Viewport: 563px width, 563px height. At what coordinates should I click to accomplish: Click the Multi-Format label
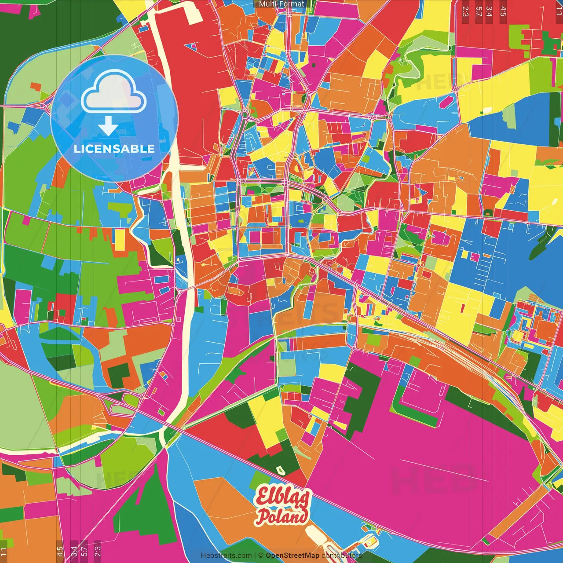(281, 4)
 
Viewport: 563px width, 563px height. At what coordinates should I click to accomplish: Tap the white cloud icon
(113, 92)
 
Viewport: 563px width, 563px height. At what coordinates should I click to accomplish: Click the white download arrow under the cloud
(108, 126)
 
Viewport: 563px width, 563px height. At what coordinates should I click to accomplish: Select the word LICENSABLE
(114, 149)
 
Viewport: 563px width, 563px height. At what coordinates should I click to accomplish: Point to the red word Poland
(282, 516)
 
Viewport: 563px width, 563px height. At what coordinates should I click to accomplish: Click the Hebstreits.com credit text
(226, 556)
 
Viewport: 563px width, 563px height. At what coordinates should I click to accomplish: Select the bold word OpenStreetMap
(292, 556)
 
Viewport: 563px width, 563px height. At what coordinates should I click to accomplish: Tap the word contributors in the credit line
(342, 556)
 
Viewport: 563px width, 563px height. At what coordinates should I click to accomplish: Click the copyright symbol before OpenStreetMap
(260, 556)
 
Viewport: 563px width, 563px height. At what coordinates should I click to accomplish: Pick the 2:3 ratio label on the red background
(465, 11)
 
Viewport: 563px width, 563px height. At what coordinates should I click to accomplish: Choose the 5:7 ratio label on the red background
(479, 11)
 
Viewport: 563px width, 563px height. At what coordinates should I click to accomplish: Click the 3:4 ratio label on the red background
(489, 11)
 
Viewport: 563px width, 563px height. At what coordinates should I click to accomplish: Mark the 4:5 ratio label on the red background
(503, 11)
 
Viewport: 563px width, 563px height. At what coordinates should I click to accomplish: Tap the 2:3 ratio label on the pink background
(98, 550)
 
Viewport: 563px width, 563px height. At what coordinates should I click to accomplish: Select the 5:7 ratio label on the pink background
(84, 550)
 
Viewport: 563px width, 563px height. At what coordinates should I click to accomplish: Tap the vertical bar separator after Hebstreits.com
(255, 556)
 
